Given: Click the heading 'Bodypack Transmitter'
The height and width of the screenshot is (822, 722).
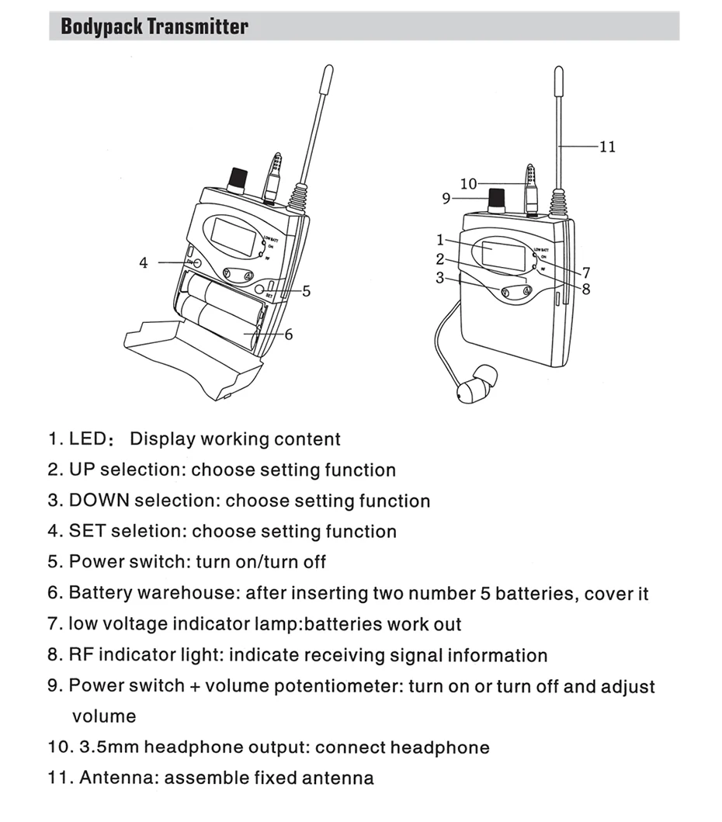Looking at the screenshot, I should coord(154,26).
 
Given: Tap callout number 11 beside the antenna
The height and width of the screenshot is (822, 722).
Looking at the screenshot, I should coord(608,146).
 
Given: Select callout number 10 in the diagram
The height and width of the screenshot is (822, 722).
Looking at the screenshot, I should coord(468,184).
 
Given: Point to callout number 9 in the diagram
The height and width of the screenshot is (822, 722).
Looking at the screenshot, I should coord(446,199).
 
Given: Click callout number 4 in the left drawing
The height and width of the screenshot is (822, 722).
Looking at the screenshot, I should coord(143,263).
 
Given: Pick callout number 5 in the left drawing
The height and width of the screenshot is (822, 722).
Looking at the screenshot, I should coord(307,291).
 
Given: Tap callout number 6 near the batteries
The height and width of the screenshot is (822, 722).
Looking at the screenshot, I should coord(289,335).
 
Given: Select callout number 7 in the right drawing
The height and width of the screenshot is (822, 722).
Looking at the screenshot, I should coord(586,272).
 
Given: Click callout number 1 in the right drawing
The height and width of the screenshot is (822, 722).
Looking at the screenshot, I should coord(439,240).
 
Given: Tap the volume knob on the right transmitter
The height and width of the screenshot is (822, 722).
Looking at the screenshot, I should coord(498,202).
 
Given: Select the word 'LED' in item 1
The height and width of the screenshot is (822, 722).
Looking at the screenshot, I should coord(87,439).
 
